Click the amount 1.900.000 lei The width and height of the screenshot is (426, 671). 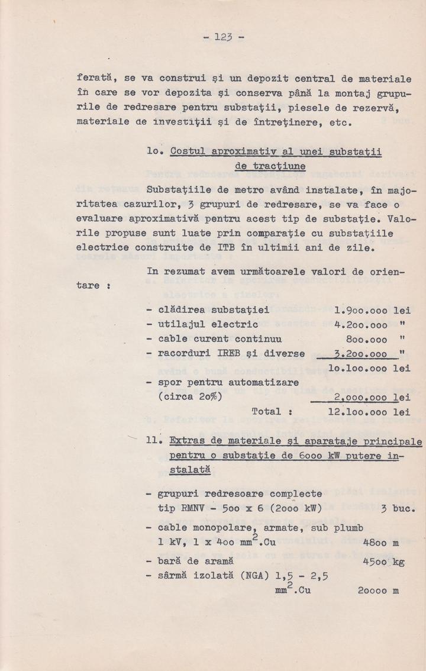372,309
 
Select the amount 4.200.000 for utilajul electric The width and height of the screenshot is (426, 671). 361,324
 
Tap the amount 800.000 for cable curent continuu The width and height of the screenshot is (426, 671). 366,339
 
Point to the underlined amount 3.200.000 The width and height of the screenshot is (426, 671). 361,354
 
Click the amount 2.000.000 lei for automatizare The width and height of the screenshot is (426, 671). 372,397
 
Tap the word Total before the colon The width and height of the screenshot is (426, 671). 266,411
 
